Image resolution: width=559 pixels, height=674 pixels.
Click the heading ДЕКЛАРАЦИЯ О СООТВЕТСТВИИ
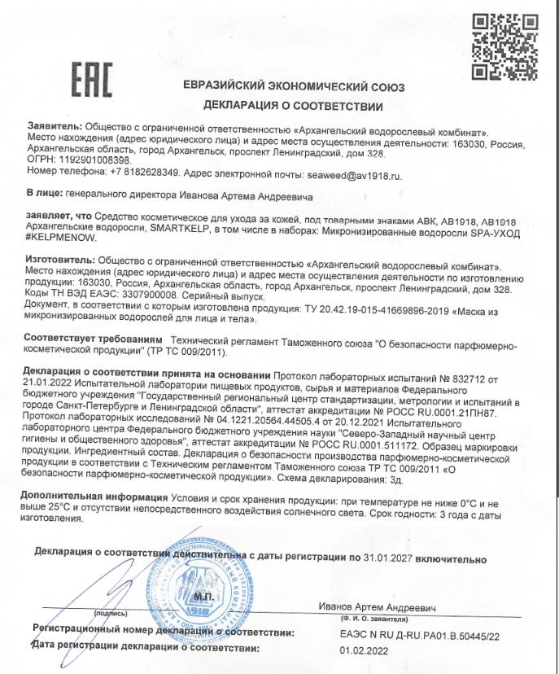click(x=293, y=106)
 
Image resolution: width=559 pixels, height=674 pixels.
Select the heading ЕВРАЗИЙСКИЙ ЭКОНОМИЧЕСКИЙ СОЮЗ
click(x=294, y=86)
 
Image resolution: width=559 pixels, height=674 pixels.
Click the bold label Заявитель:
click(x=54, y=129)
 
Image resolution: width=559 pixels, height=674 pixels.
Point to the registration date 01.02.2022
click(x=366, y=650)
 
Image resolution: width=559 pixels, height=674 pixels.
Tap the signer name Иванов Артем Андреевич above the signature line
click(x=378, y=609)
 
